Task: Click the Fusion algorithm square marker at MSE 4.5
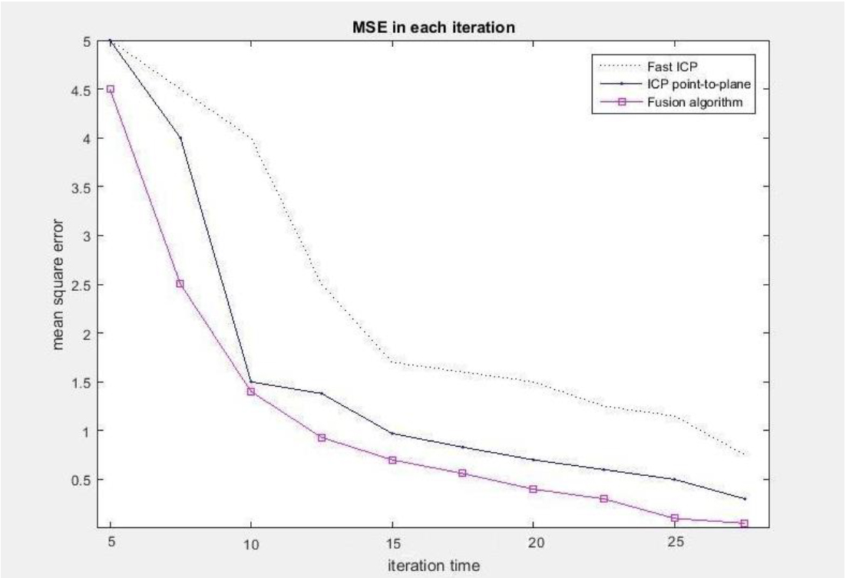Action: (111, 89)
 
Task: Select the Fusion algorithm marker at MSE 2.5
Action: (180, 284)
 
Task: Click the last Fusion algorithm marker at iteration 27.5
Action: (744, 524)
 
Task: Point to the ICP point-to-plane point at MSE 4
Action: (180, 138)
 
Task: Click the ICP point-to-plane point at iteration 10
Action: (251, 381)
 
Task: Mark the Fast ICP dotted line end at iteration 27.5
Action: (744, 455)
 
